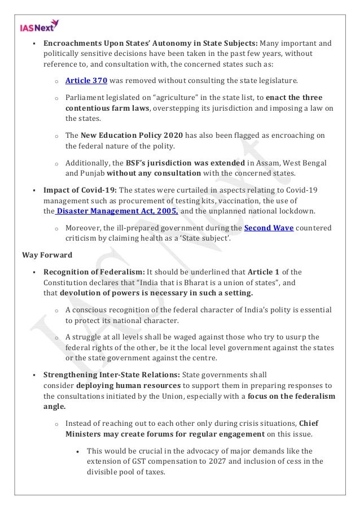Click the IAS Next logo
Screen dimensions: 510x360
[39, 24]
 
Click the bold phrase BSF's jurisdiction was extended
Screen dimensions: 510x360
[178, 163]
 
